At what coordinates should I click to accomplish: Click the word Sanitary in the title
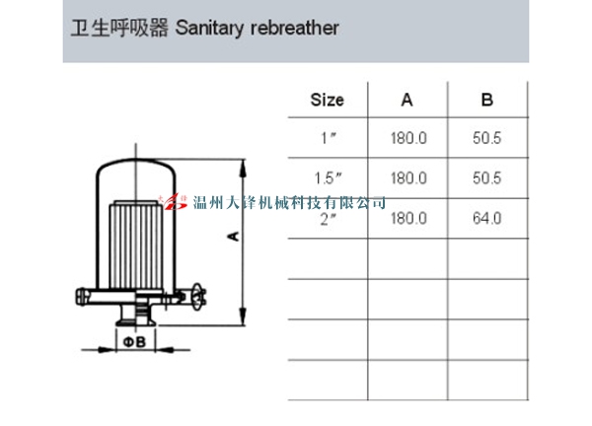(x=209, y=28)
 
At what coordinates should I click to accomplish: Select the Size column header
(x=327, y=100)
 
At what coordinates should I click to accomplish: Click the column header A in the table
(x=407, y=100)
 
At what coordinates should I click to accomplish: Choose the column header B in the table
(x=486, y=100)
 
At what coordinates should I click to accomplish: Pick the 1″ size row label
(x=330, y=139)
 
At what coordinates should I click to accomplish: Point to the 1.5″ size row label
(x=327, y=178)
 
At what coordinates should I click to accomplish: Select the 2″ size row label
(x=330, y=217)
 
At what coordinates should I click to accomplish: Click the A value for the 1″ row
(x=408, y=139)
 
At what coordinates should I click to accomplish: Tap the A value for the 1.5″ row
(x=408, y=178)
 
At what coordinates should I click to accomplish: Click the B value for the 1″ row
(x=487, y=139)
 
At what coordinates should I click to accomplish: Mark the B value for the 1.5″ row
(x=487, y=178)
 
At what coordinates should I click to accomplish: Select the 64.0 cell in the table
(x=487, y=217)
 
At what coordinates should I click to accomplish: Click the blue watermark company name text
(x=290, y=203)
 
